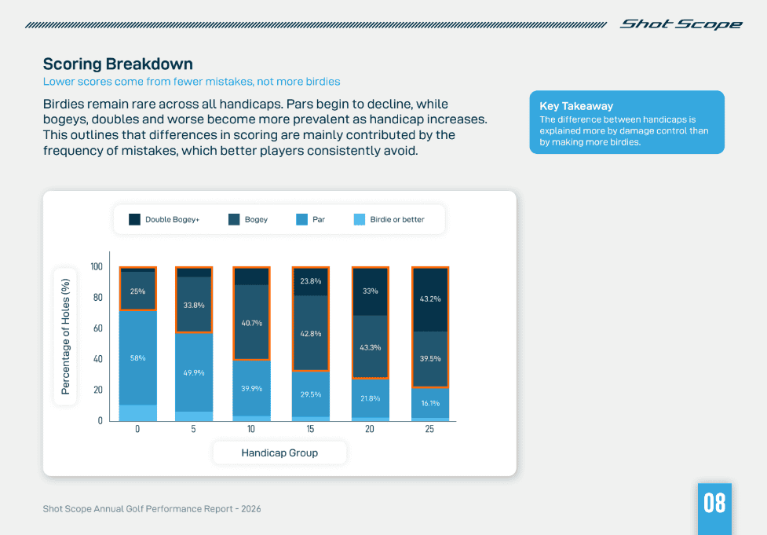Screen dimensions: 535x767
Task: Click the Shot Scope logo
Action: [x=681, y=24]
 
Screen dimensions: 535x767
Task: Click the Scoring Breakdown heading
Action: [x=118, y=64]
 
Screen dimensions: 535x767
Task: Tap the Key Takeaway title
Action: [x=576, y=106]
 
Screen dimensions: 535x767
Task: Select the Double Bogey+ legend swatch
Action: [x=135, y=220]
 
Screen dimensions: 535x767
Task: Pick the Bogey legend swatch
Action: [x=234, y=220]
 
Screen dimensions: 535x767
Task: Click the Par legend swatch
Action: [x=301, y=220]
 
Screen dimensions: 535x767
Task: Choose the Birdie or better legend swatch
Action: [x=360, y=220]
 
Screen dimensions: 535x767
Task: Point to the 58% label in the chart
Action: [x=137, y=357]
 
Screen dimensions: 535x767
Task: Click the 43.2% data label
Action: [x=429, y=299]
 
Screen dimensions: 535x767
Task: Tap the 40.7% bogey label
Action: [x=251, y=323]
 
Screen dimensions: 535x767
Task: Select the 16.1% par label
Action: [x=429, y=402]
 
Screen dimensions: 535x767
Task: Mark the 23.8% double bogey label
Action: [x=311, y=280]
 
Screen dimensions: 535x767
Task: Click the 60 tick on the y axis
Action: [x=97, y=328]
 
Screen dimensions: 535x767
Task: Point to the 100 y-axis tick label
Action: [x=96, y=267]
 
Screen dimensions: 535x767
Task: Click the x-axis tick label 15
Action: [x=311, y=430]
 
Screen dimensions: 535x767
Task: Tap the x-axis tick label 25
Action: [x=429, y=430]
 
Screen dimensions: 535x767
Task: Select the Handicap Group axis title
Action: [x=279, y=453]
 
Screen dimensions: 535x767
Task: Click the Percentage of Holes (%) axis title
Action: [x=65, y=336]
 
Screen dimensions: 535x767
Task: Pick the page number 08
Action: [x=714, y=503]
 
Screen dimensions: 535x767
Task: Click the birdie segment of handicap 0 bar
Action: [x=137, y=412]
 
